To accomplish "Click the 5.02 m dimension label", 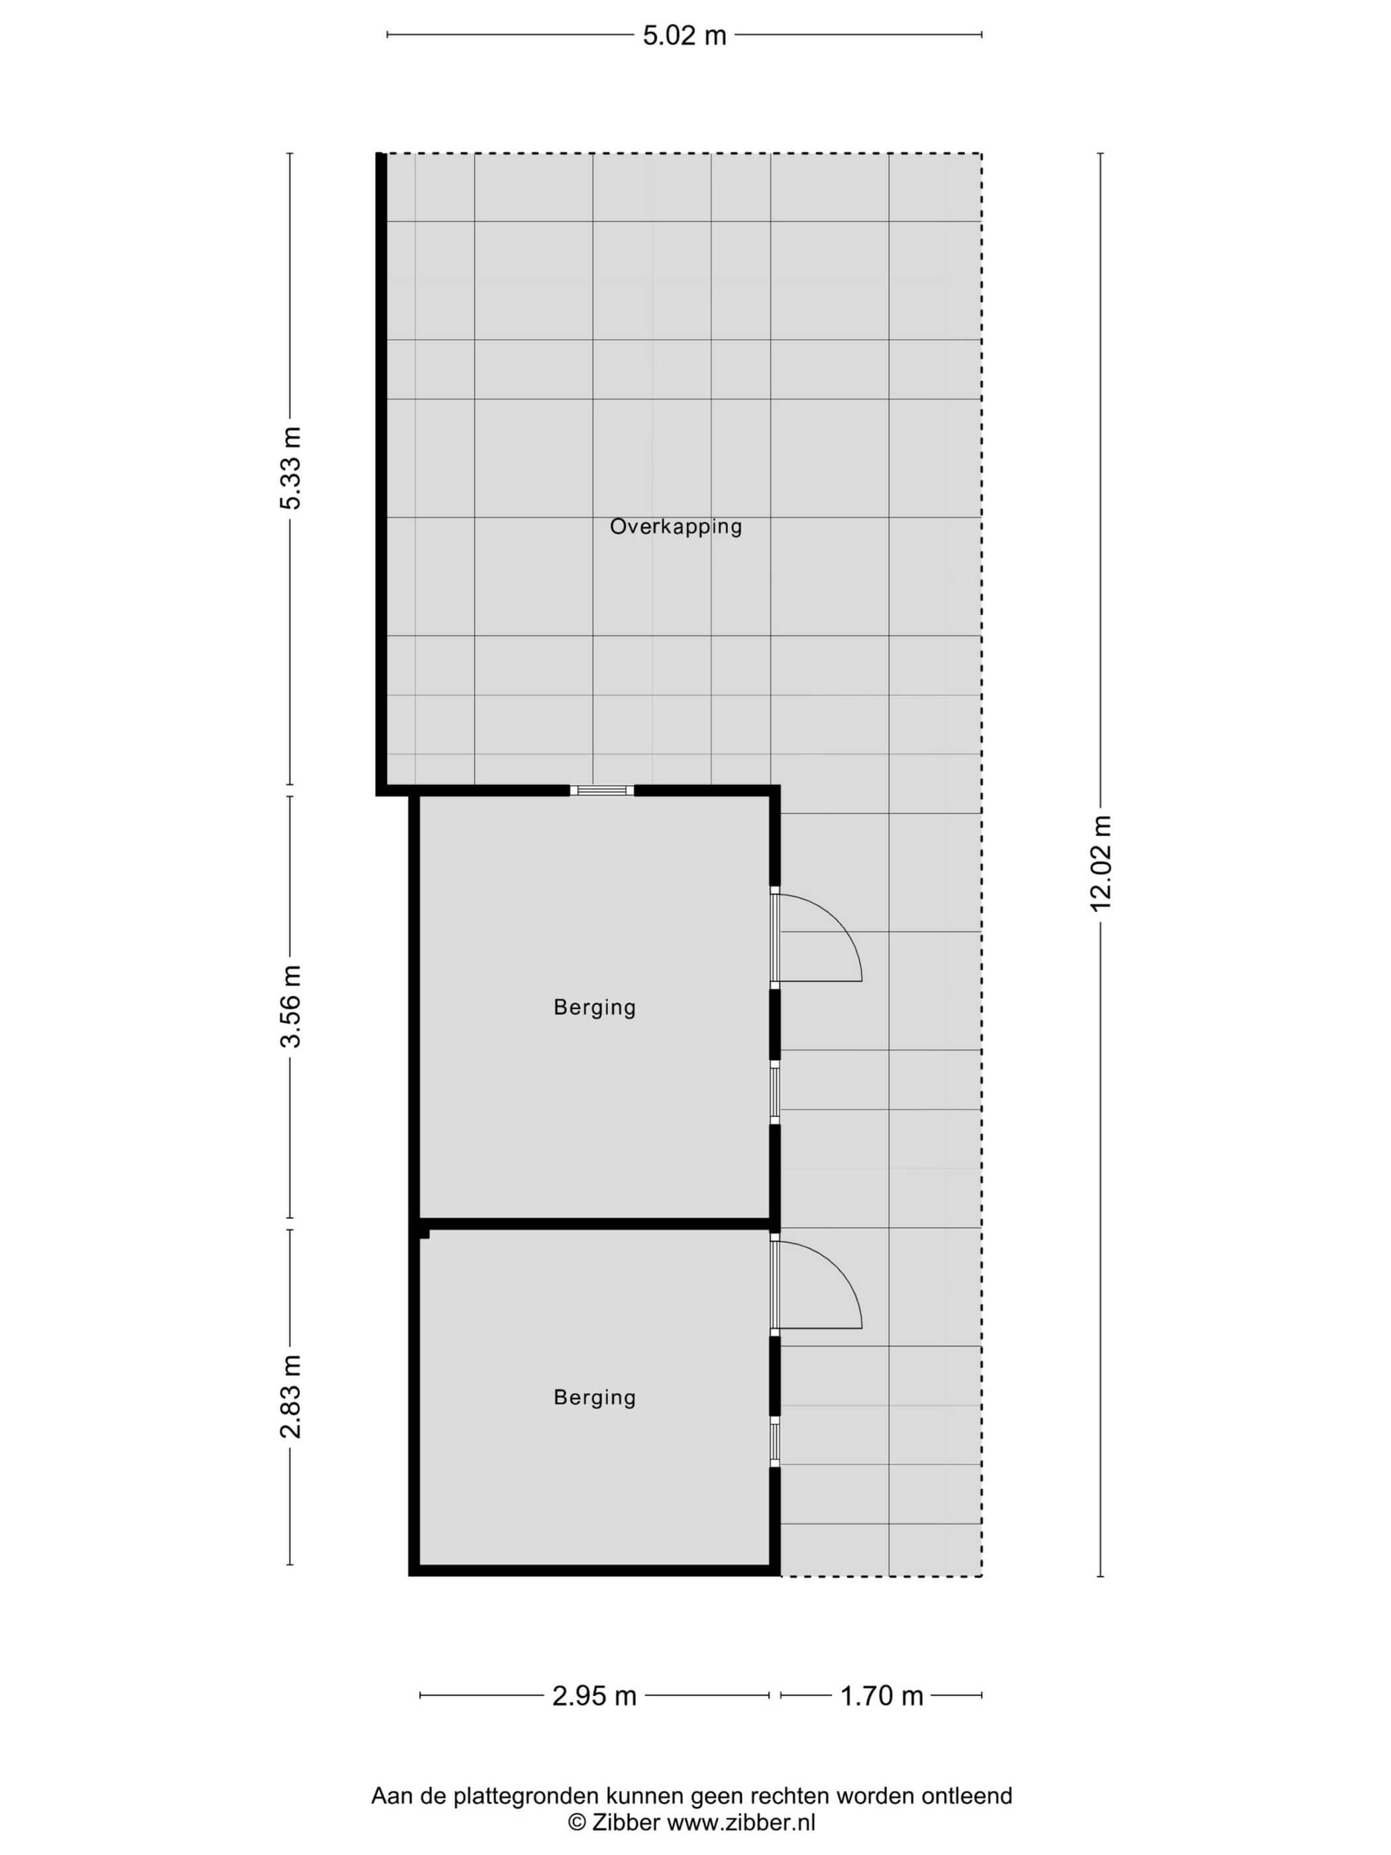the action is coord(684,35).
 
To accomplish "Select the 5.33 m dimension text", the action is coord(290,468).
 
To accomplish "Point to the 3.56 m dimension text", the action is coord(290,1006).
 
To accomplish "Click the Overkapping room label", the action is coord(676,527).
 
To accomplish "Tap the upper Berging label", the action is coord(594,1007).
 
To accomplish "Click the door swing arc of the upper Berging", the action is coord(839,920).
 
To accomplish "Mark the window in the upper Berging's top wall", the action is coord(602,790).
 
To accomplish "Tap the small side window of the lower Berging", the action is coord(775,1442).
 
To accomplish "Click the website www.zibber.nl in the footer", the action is coord(741,1821).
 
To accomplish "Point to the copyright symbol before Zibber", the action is coord(577,1821).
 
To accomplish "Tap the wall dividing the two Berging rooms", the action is coord(594,1224).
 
